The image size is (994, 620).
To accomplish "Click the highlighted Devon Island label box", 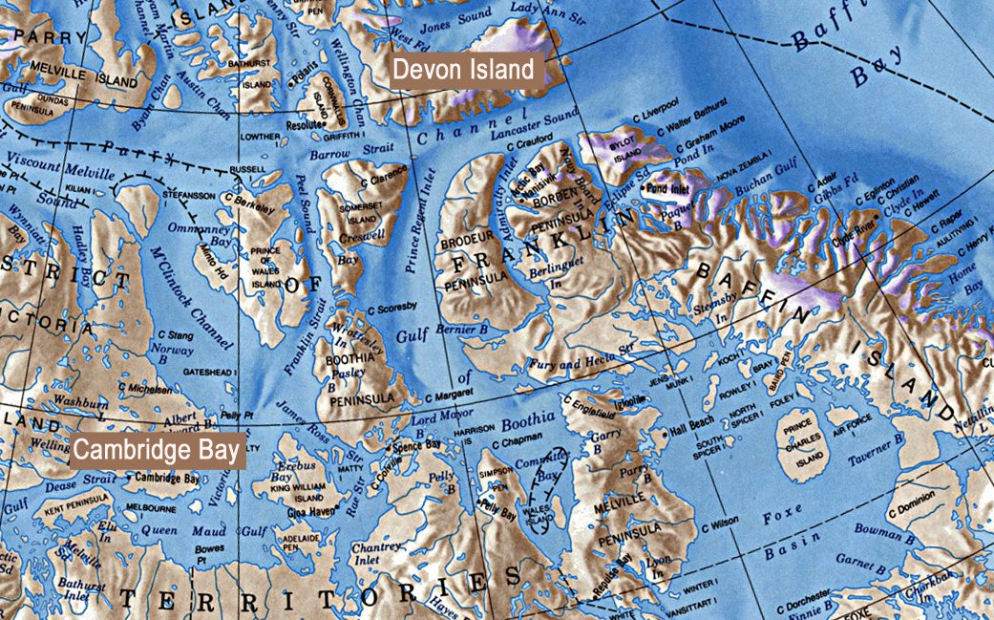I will click(466, 70).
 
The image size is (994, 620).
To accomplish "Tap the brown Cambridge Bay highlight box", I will click(158, 450).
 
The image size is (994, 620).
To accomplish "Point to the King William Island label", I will click(297, 492).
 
